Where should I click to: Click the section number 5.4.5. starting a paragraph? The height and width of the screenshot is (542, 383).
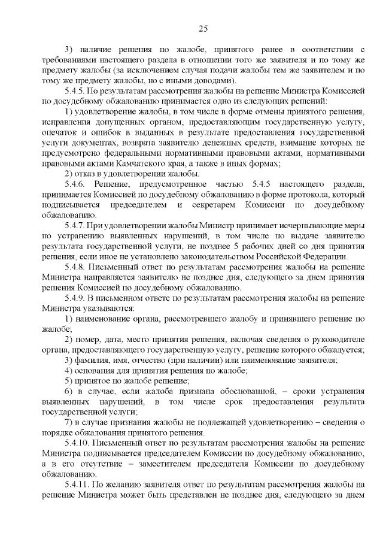point(76,91)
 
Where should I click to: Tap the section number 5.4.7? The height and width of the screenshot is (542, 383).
point(76,225)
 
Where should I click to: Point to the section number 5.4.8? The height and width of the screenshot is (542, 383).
point(76,267)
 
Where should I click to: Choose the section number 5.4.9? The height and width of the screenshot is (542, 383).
point(76,298)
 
